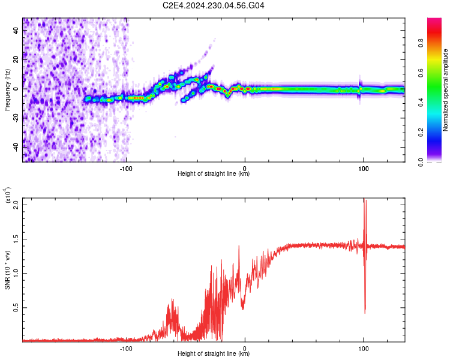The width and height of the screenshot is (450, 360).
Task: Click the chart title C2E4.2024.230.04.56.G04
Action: click(x=214, y=5)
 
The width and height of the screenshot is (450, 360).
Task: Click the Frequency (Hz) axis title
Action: click(x=7, y=89)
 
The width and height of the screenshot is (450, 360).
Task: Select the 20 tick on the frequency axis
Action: click(x=16, y=59)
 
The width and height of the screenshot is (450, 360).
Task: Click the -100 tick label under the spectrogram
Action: click(x=126, y=168)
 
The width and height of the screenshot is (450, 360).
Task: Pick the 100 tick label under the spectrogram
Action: click(x=364, y=168)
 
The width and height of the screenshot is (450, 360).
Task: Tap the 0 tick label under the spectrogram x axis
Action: click(x=245, y=168)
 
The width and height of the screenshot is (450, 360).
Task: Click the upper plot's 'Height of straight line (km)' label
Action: click(x=214, y=174)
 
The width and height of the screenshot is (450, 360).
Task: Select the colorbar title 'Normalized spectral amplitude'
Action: click(x=446, y=90)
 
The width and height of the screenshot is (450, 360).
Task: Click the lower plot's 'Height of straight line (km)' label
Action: click(x=214, y=354)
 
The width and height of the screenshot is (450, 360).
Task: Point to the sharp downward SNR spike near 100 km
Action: click(x=365, y=311)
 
